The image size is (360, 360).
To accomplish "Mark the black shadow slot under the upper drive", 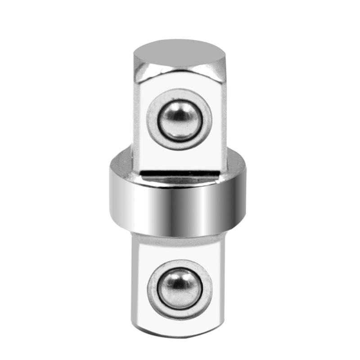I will click(x=180, y=173).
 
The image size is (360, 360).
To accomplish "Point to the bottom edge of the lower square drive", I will click(x=180, y=337).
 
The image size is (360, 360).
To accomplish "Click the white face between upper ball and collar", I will click(x=180, y=155).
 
